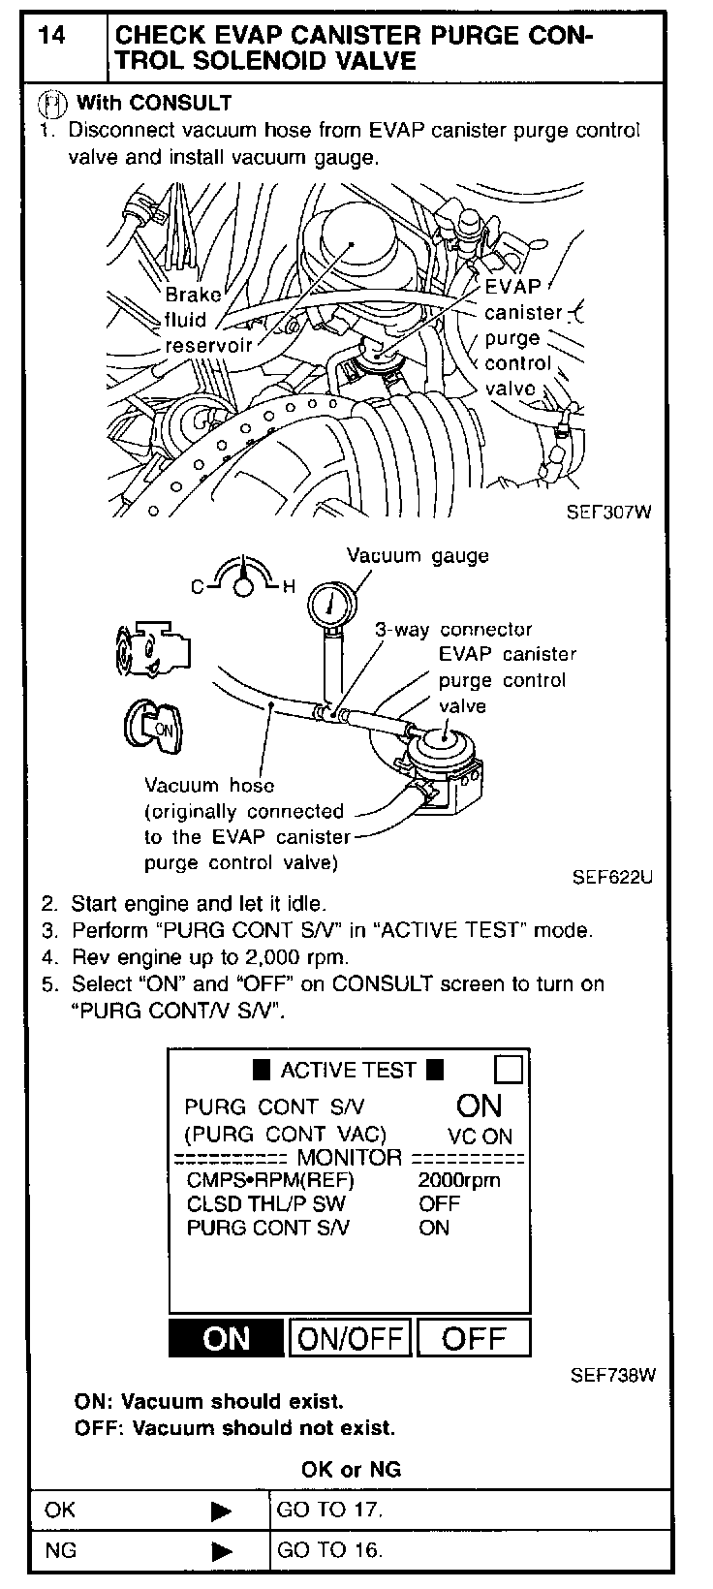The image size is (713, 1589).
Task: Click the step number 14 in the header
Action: [x=53, y=37]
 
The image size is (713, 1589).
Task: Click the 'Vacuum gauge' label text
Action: [x=418, y=556]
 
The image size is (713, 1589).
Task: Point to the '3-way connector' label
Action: [x=453, y=630]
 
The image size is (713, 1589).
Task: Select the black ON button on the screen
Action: [x=227, y=1338]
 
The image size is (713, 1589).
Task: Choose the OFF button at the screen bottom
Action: [x=474, y=1338]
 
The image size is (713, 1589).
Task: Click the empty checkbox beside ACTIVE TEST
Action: [x=508, y=1069]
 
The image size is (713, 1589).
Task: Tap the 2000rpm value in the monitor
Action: [x=459, y=1180]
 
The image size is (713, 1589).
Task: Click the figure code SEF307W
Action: [x=607, y=514]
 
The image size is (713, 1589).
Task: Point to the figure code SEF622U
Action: [x=612, y=878]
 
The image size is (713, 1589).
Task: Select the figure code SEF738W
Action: [x=612, y=1374]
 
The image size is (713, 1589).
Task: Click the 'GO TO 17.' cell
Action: [x=329, y=1510]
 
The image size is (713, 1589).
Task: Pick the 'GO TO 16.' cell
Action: [x=329, y=1549]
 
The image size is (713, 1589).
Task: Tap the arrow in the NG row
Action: [x=221, y=1550]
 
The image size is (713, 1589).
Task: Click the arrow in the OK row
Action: [x=221, y=1511]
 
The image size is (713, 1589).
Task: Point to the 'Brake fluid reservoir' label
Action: [x=206, y=320]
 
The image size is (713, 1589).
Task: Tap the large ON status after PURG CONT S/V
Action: [x=479, y=1106]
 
